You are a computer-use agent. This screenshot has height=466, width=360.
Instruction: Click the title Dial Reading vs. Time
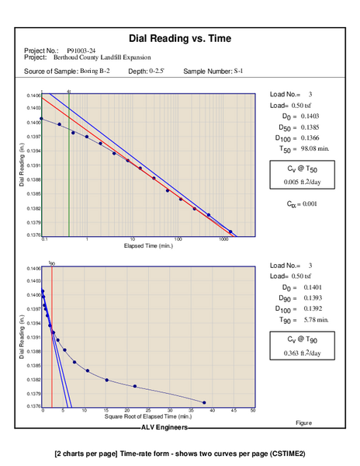[x=179, y=38]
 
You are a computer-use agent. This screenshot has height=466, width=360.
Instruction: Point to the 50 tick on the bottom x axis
[x=253, y=411]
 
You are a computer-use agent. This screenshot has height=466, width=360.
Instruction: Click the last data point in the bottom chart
[x=204, y=402]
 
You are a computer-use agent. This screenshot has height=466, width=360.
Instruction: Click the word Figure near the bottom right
[x=303, y=423]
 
